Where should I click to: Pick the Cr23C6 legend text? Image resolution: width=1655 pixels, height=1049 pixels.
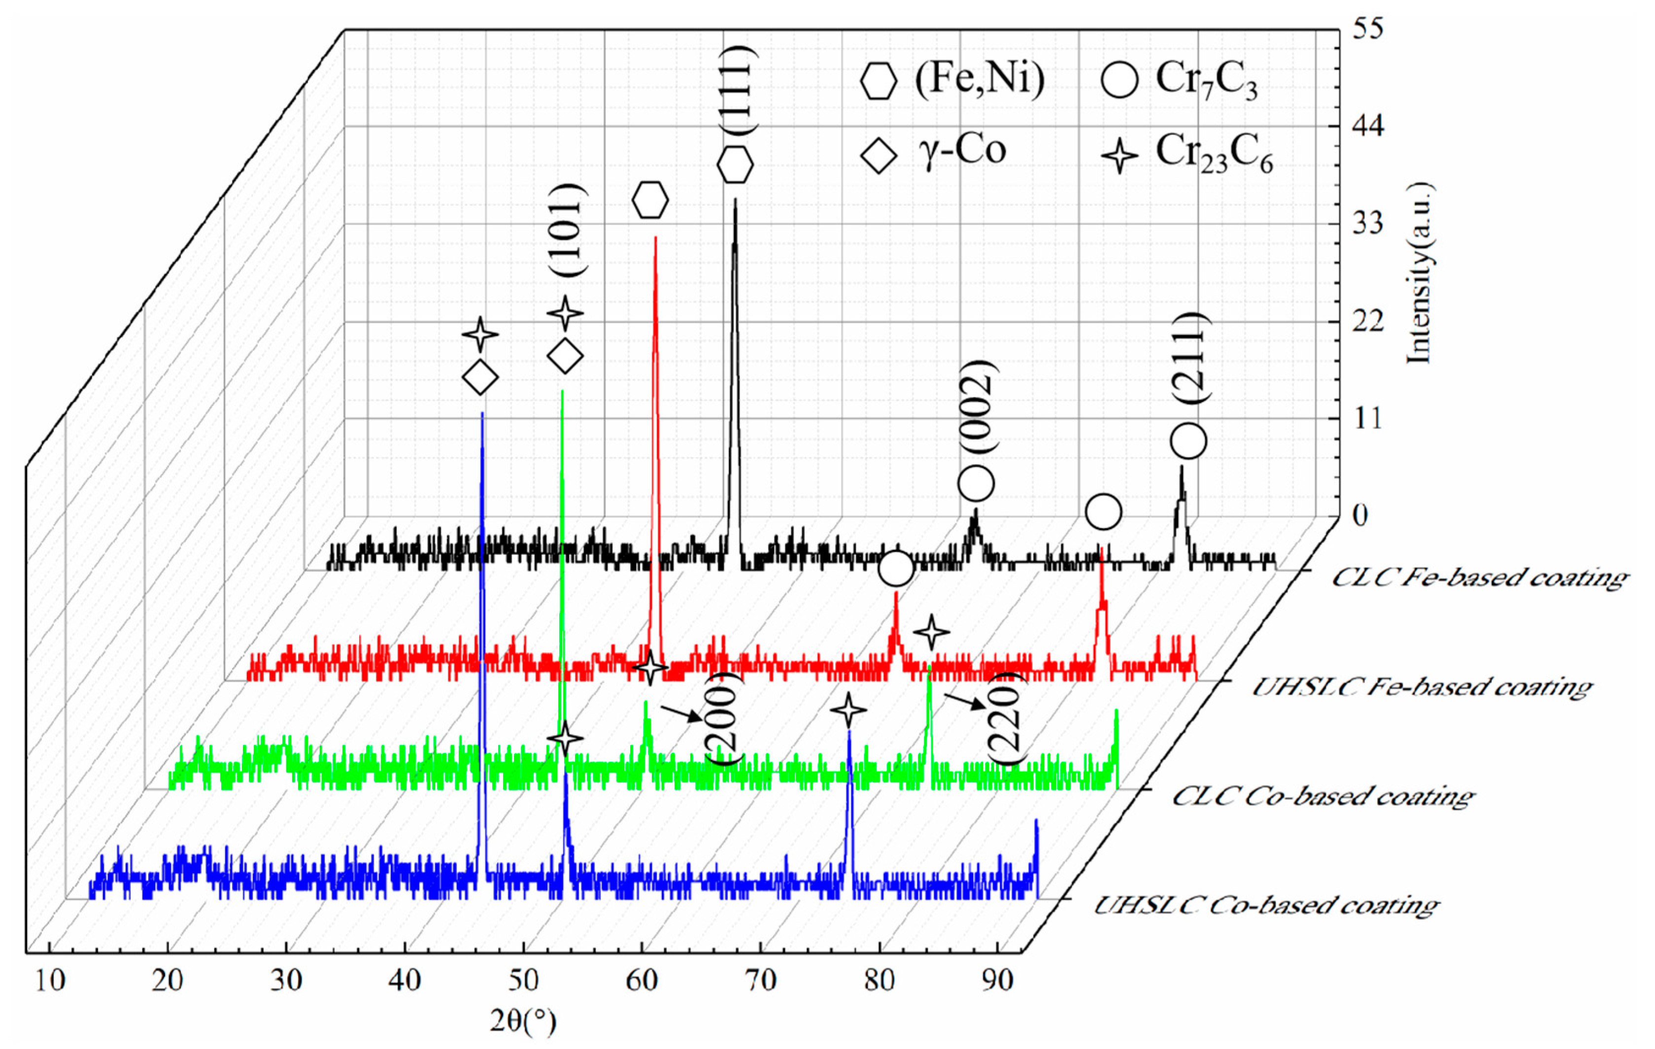(1214, 154)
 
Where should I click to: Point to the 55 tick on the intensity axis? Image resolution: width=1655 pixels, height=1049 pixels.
(1368, 29)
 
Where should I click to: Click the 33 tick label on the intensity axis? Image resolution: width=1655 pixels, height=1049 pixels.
(1368, 224)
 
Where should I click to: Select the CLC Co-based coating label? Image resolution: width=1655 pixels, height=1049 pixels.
(1323, 797)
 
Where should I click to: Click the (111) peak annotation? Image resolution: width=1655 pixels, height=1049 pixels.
(740, 89)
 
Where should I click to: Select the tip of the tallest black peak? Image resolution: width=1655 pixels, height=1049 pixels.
(736, 200)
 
